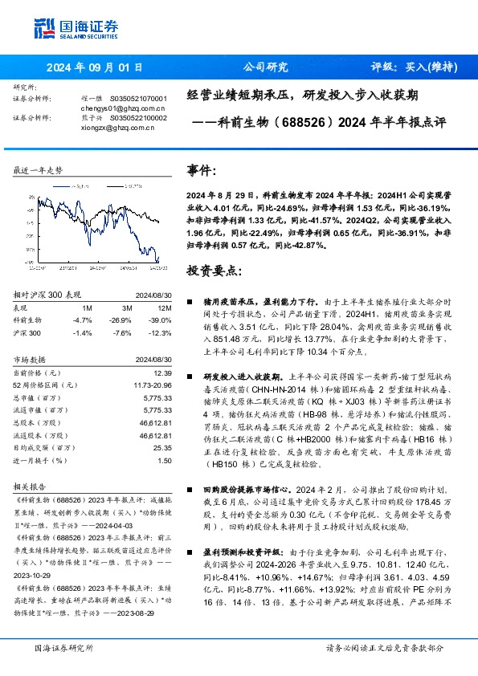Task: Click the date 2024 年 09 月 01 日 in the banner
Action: point(94,67)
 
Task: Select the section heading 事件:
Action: point(202,171)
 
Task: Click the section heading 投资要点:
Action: point(213,271)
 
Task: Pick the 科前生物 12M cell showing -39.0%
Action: point(160,319)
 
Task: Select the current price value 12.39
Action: point(163,373)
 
